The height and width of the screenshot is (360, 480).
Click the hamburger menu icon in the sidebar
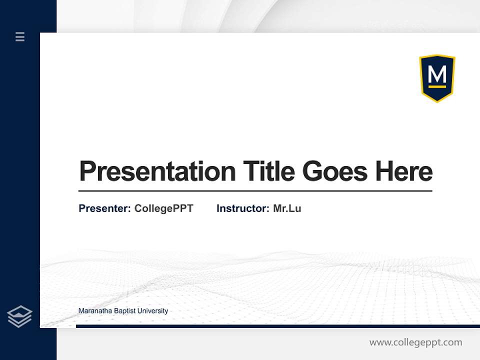tap(20, 36)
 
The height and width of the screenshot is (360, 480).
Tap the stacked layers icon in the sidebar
tap(19, 316)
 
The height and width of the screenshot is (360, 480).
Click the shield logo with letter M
tap(437, 77)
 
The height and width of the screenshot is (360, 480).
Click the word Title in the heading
tap(269, 171)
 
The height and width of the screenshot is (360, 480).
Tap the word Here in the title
tap(404, 171)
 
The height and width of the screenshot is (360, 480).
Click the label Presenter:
tap(104, 208)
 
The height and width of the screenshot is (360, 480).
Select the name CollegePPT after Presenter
tap(163, 208)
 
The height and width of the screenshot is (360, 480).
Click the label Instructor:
tap(242, 208)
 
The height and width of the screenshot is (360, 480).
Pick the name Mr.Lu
tap(287, 208)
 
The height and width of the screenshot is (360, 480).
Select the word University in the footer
tap(152, 311)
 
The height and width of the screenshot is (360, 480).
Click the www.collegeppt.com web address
tap(415, 342)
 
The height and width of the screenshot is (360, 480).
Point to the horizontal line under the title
tap(255, 191)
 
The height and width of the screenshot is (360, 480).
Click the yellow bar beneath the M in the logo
tap(437, 86)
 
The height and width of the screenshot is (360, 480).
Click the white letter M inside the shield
tap(437, 75)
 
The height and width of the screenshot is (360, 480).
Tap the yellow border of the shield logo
tap(420, 75)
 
